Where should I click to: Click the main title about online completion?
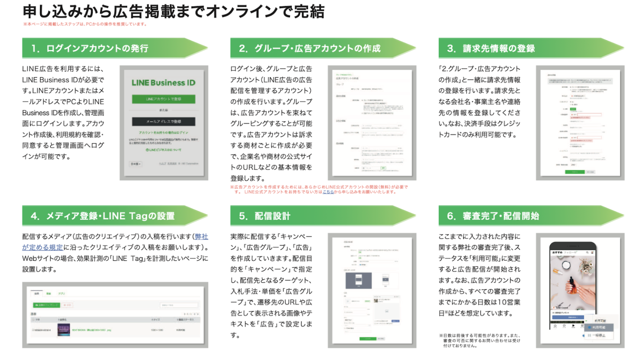click(x=173, y=12)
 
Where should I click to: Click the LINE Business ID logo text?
click(x=163, y=82)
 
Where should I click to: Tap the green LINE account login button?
click(x=163, y=99)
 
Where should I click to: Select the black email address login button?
click(x=163, y=121)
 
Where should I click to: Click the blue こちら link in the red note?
click(x=328, y=192)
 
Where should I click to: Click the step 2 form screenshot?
click(x=372, y=122)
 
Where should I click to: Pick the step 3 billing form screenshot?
click(x=580, y=122)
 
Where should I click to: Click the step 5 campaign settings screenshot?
click(x=372, y=290)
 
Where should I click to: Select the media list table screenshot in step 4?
click(x=115, y=315)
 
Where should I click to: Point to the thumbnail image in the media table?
click(x=64, y=330)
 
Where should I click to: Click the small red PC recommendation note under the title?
click(x=85, y=24)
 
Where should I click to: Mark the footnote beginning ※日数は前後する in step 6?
click(x=479, y=340)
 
